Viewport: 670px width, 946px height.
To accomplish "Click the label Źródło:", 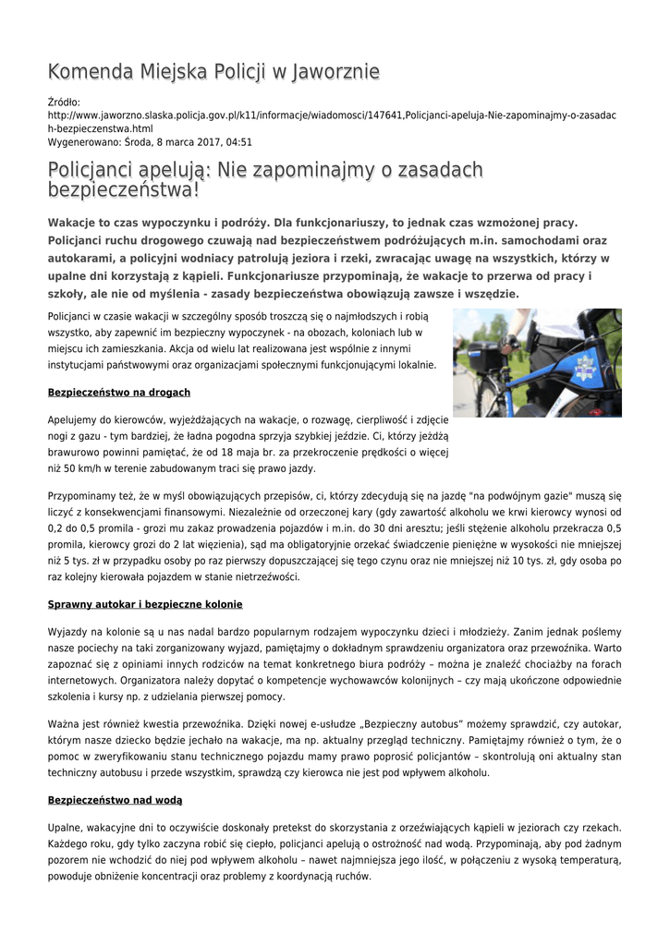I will click(x=64, y=102).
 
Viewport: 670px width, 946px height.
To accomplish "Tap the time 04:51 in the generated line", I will click(x=237, y=143).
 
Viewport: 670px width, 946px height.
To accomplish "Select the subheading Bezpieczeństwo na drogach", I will click(x=119, y=393).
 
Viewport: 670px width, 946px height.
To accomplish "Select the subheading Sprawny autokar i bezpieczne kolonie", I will click(x=145, y=604).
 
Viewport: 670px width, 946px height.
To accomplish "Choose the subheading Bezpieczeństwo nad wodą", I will click(x=115, y=799).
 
